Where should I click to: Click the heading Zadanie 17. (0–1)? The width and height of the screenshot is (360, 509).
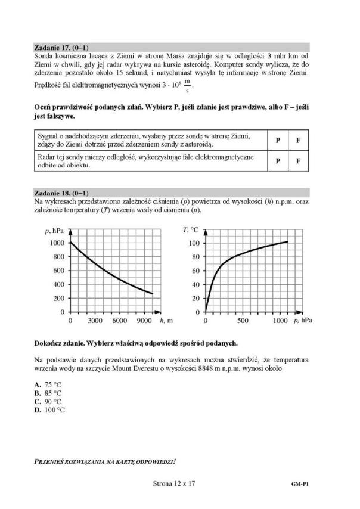pyautogui.click(x=62, y=46)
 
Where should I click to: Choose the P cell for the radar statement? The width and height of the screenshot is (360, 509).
pyautogui.click(x=278, y=161)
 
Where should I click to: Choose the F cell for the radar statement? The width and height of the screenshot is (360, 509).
pyautogui.click(x=298, y=161)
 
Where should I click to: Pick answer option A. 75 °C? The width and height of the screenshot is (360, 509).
pyautogui.click(x=48, y=385)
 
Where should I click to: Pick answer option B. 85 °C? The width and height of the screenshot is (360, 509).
pyautogui.click(x=48, y=393)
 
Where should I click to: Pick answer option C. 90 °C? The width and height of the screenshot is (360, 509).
pyautogui.click(x=48, y=402)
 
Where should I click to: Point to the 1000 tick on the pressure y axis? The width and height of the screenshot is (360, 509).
pyautogui.click(x=57, y=243)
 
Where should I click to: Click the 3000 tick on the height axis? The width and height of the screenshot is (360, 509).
pyautogui.click(x=95, y=321)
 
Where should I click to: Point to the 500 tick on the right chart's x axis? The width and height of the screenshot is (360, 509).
pyautogui.click(x=243, y=321)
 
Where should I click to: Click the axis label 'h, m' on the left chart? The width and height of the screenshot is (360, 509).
pyautogui.click(x=167, y=321)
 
